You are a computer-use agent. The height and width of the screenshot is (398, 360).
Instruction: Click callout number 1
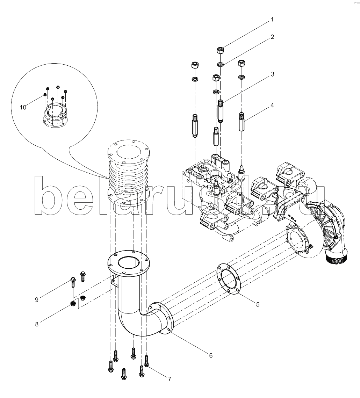coord(272,20)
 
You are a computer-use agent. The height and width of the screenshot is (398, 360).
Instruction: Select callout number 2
coord(272,37)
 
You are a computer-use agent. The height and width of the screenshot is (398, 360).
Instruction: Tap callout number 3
coord(272,74)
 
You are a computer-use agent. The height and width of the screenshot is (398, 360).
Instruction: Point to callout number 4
coord(272,105)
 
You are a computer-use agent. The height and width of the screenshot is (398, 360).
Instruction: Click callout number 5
coord(258,304)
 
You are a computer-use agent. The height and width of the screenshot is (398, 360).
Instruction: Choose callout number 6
coord(211,355)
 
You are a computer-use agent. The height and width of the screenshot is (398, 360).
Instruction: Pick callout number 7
coord(169,378)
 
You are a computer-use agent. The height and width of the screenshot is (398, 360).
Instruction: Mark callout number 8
coord(36,324)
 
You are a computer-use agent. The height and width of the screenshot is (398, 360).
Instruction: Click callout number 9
coord(36,299)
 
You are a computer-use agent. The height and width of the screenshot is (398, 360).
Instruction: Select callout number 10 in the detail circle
coord(23,107)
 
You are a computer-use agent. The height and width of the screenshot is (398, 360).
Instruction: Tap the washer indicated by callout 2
coord(221,64)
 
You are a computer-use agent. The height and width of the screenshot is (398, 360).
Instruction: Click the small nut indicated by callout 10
coord(45,94)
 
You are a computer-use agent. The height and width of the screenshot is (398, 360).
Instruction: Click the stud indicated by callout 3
coord(220,111)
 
